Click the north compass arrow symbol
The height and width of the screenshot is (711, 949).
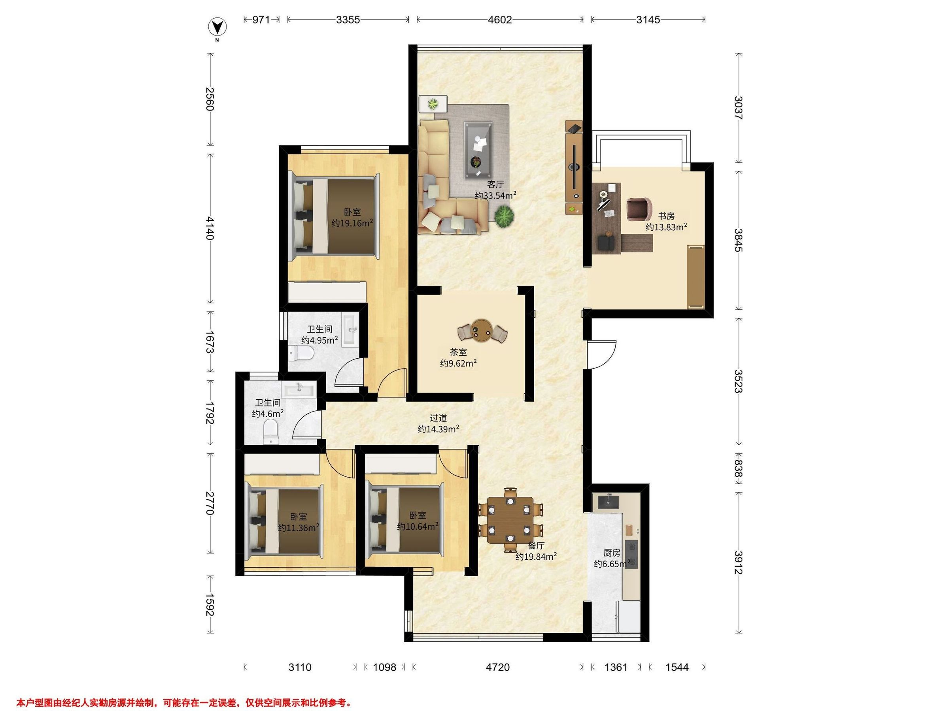[217, 28]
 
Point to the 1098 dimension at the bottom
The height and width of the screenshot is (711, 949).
[384, 667]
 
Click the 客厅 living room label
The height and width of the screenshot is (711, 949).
[495, 185]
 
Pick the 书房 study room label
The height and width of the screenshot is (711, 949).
[666, 216]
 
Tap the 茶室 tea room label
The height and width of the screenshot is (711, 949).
[458, 352]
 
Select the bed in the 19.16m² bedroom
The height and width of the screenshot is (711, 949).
[334, 216]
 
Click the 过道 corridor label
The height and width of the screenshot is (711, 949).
[439, 418]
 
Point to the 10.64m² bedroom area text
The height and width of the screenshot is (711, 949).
[418, 526]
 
